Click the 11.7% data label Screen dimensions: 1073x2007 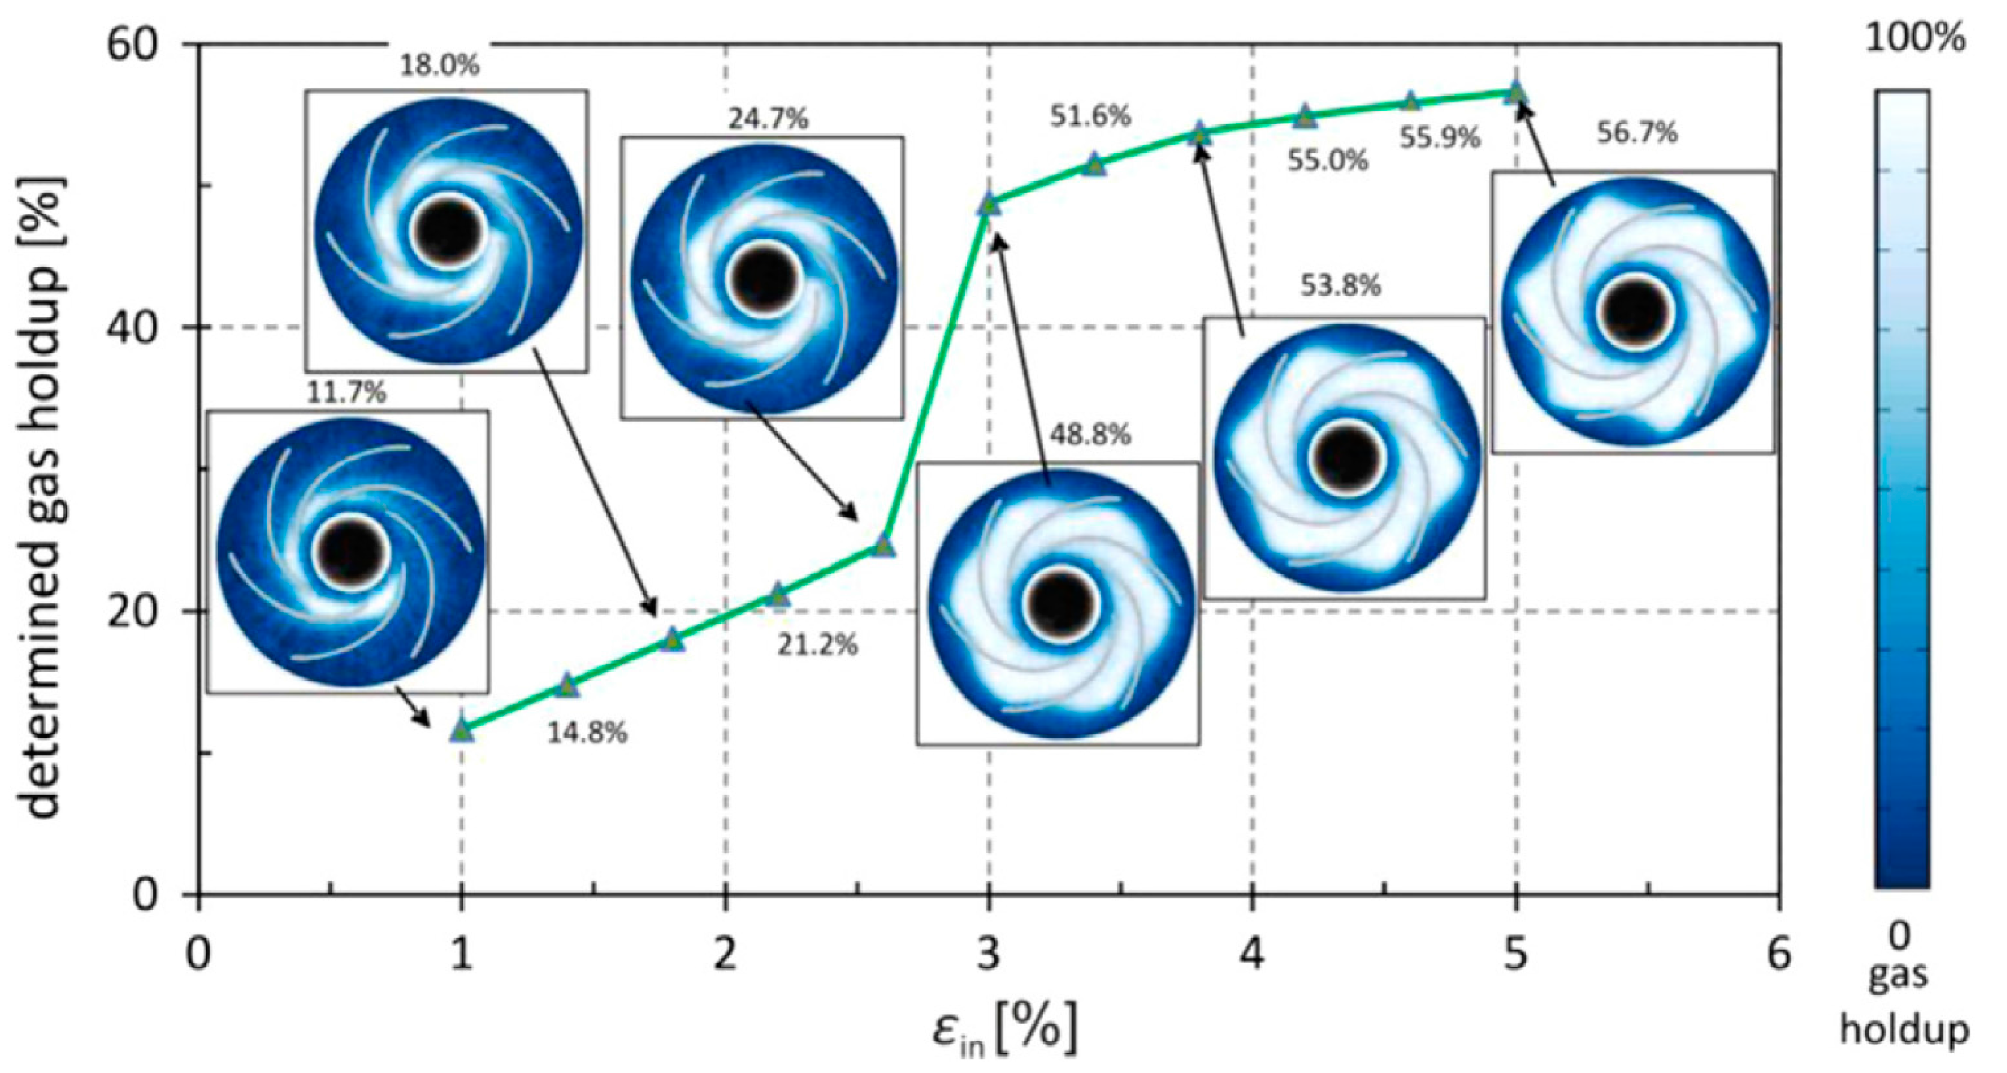[346, 392]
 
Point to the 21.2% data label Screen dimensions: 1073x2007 [817, 645]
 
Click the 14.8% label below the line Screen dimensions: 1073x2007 [587, 733]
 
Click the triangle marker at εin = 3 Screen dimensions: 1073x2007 [989, 205]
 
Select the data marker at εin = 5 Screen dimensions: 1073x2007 [1515, 92]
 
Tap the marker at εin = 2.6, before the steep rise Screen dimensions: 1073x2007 [883, 546]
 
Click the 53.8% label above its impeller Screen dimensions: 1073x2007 [1340, 286]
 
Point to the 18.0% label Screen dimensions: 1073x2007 [439, 65]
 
